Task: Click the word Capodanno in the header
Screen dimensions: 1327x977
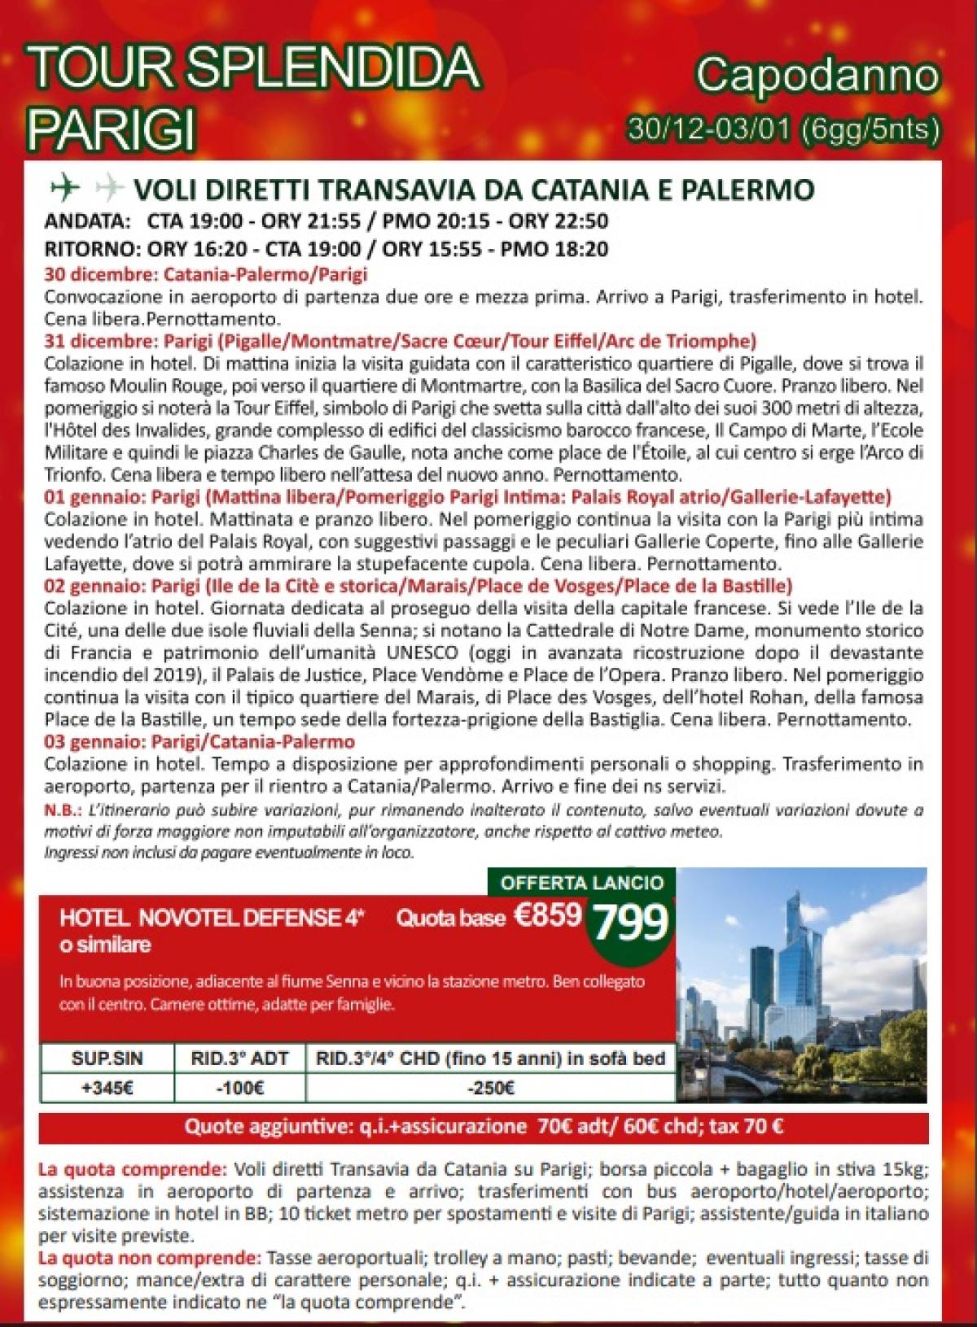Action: (x=817, y=78)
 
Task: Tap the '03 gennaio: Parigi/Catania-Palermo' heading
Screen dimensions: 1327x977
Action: (x=200, y=741)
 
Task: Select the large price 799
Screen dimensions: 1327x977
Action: (x=631, y=922)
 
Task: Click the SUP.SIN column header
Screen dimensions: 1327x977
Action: (x=107, y=1058)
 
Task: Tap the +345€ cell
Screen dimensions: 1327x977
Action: (x=107, y=1087)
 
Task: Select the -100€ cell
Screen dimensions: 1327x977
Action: (x=239, y=1087)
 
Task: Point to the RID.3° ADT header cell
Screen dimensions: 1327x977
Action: (x=239, y=1058)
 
